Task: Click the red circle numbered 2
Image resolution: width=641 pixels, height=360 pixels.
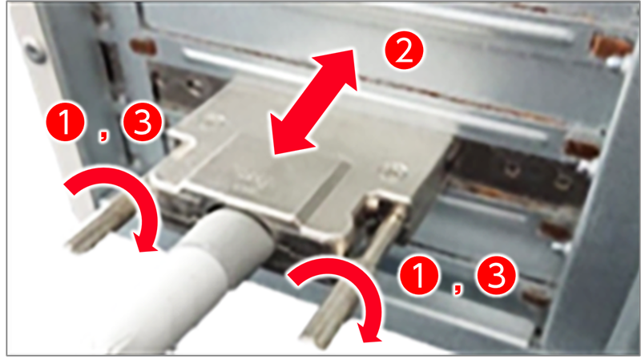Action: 404,51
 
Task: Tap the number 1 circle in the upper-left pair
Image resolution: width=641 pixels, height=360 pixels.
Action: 66,122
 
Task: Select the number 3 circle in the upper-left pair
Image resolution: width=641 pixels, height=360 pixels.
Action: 143,122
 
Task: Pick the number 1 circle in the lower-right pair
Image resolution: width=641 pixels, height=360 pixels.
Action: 419,275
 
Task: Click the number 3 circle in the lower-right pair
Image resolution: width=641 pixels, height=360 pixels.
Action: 496,275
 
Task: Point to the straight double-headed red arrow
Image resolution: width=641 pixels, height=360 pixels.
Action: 313,102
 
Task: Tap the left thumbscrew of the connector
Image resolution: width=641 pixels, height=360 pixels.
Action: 100,223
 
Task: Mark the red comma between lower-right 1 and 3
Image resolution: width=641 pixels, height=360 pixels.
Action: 458,289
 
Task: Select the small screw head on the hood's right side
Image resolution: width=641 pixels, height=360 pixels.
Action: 393,171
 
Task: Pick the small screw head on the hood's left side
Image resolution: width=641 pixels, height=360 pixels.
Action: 213,120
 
